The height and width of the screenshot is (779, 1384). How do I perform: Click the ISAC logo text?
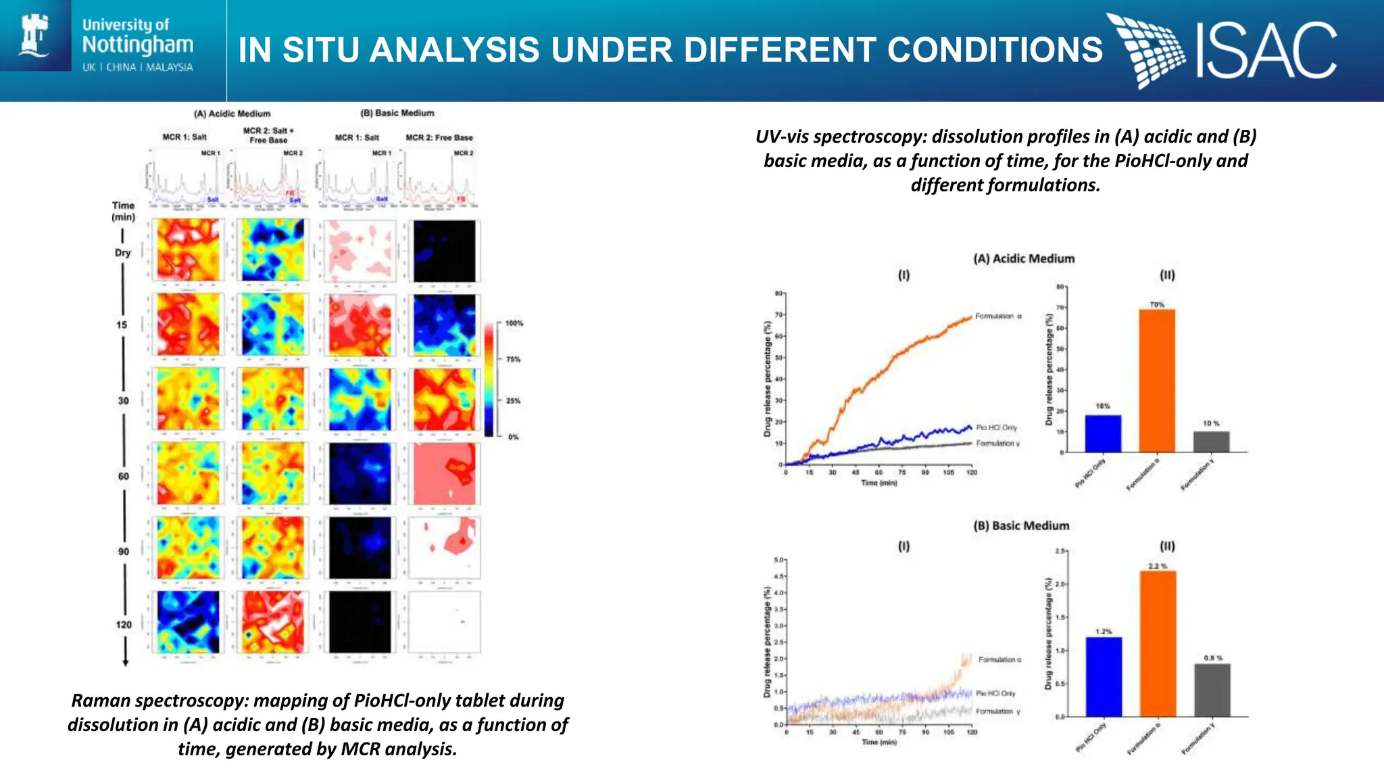tap(1265, 50)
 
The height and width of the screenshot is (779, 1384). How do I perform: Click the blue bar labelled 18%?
tap(1103, 433)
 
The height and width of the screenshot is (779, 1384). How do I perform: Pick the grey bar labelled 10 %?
tap(1211, 442)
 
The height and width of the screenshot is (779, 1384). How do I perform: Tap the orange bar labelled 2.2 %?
tap(1158, 643)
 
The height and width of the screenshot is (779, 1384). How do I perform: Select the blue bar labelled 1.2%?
tap(1104, 676)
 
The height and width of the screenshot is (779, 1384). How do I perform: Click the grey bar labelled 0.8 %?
tap(1212, 690)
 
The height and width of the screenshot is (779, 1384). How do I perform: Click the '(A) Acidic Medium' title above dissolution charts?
tap(1023, 258)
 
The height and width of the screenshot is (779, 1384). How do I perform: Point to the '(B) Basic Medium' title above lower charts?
tap(1021, 525)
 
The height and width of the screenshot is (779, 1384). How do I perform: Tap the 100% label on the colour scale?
tap(514, 323)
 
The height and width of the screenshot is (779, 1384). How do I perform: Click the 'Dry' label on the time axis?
tap(122, 252)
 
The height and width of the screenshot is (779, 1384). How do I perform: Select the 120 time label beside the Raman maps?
tap(124, 624)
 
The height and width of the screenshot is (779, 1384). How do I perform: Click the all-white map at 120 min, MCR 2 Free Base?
tap(444, 622)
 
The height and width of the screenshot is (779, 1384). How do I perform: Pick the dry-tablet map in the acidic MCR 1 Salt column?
tap(188, 250)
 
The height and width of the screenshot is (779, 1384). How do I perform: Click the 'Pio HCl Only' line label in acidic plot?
tap(996, 427)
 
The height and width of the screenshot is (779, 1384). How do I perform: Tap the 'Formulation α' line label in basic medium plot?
tap(999, 659)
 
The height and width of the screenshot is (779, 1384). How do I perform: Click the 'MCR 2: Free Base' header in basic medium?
tap(439, 137)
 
